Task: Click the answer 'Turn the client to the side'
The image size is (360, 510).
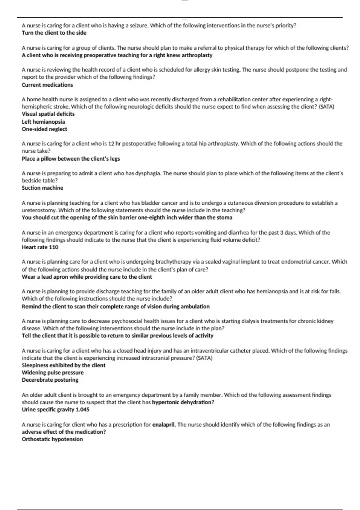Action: pos(54,33)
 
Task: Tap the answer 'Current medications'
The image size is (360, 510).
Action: pos(47,85)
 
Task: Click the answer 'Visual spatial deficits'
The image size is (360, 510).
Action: pos(48,114)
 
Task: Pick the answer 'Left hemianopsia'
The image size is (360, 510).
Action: pos(43,122)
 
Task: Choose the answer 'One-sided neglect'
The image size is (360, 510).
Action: pos(44,129)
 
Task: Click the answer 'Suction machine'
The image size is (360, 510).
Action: pos(43,188)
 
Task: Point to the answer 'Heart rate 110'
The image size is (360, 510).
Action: pos(40,247)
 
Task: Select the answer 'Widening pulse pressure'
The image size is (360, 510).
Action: pos(53,373)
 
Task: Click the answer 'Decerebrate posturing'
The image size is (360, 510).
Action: pos(50,380)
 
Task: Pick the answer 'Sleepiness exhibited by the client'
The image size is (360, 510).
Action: pos(64,365)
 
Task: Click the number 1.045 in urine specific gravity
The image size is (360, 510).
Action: pos(82,410)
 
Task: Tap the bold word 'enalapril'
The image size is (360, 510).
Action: pos(164,425)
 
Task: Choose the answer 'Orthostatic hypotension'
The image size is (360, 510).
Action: pos(52,439)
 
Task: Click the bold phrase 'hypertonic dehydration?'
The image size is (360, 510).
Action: pos(183,402)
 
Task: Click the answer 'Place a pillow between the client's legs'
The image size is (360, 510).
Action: pos(71,159)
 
